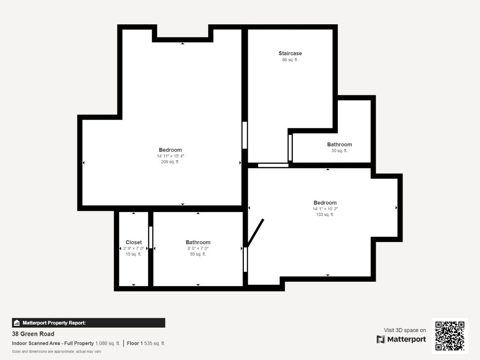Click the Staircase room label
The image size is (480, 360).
pyautogui.click(x=290, y=53)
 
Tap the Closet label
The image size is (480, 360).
pyautogui.click(x=134, y=242)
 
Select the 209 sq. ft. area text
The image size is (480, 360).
pyautogui.click(x=170, y=162)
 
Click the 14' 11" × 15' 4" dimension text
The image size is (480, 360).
pyautogui.click(x=170, y=156)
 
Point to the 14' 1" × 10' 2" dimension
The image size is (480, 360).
pyautogui.click(x=325, y=209)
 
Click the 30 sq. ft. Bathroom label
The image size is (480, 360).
pyautogui.click(x=340, y=144)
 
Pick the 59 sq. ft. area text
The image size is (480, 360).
pyautogui.click(x=198, y=254)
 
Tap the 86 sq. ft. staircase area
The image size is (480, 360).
pyautogui.click(x=290, y=60)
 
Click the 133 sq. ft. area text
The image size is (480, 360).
pyautogui.click(x=325, y=215)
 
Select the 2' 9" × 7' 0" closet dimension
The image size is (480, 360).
pyautogui.click(x=134, y=248)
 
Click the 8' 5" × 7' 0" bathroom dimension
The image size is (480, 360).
pyautogui.click(x=198, y=248)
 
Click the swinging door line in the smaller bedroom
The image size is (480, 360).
pyautogui.click(x=256, y=233)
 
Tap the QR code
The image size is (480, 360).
pyautogui.click(x=450, y=336)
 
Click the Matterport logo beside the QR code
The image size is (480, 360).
pyautogui.click(x=401, y=339)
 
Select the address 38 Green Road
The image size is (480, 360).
pyautogui.click(x=33, y=333)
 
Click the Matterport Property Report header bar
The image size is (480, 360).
pyautogui.click(x=89, y=323)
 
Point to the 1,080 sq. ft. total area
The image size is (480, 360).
pyautogui.click(x=108, y=343)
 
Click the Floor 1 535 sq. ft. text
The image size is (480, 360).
pyautogui.click(x=146, y=343)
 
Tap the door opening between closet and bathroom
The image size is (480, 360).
pyautogui.click(x=151, y=237)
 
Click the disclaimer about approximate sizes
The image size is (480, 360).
pyautogui.click(x=57, y=351)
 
